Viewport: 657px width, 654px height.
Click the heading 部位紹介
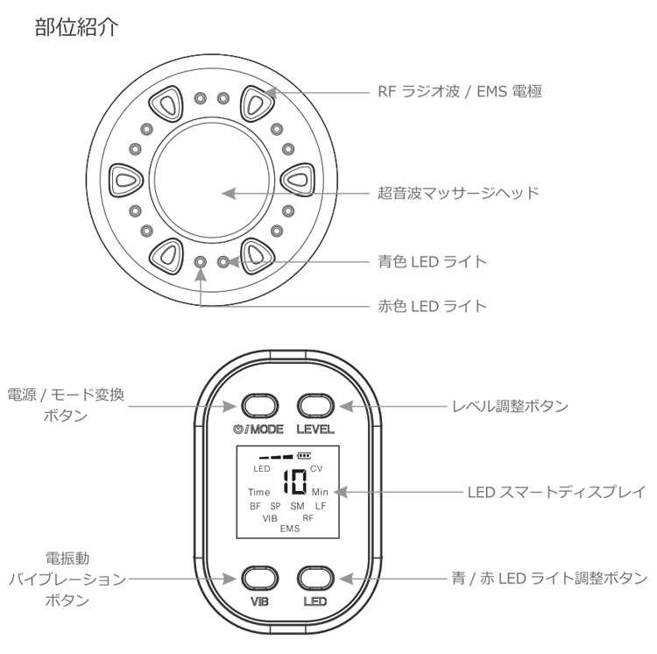click(83, 26)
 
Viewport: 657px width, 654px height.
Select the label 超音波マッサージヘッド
click(457, 192)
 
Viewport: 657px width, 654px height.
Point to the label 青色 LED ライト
click(431, 261)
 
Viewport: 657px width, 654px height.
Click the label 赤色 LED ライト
click(431, 307)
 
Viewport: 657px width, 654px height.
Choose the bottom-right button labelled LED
click(315, 579)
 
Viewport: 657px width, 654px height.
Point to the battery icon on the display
click(305, 456)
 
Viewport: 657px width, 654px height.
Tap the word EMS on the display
click(289, 530)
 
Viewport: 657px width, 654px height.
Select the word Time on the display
click(259, 493)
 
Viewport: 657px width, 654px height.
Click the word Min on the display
click(320, 493)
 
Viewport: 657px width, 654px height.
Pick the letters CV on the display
click(316, 469)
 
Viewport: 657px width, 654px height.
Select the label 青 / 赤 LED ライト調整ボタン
click(548, 579)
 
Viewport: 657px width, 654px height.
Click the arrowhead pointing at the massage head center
click(228, 192)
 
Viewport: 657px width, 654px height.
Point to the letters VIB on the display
click(269, 518)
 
